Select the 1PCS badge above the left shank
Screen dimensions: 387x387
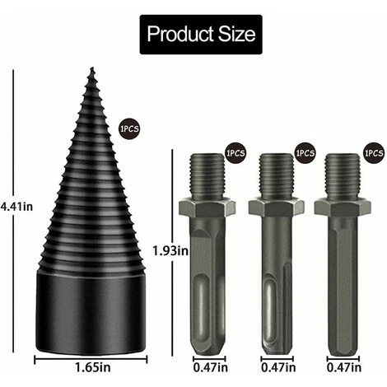(235, 152)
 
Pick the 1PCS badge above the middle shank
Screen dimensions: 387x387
(305, 152)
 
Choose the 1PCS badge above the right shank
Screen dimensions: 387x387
(374, 152)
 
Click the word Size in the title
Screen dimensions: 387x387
(232, 35)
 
